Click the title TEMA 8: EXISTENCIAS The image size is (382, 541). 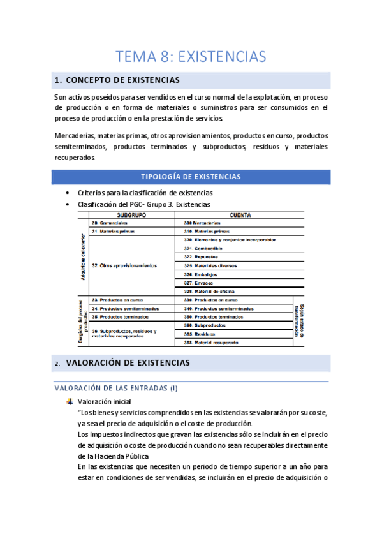[191, 56]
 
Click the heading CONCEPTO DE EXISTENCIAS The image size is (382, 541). [122, 80]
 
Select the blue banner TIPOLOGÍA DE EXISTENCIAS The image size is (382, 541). [191, 177]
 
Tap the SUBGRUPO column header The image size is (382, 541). [132, 216]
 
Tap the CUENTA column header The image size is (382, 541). [239, 216]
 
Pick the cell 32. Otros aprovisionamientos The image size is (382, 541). [124, 265]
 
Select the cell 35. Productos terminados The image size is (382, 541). [120, 316]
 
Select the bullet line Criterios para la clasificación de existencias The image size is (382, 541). [145, 193]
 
